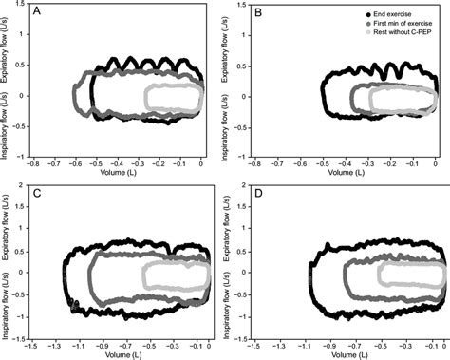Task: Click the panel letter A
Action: click(37, 12)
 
